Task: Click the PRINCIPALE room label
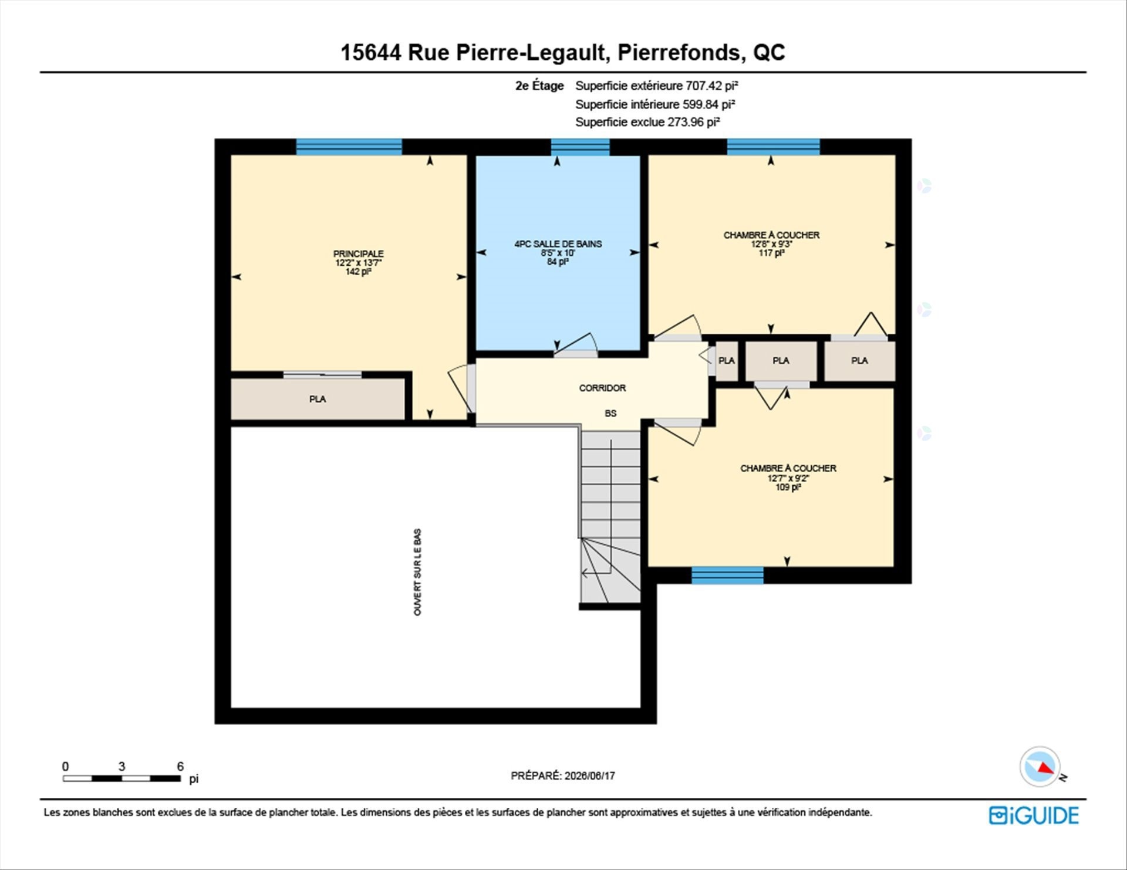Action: point(358,253)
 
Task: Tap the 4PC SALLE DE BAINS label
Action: point(558,243)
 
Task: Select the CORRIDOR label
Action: point(602,388)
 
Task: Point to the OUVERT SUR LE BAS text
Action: point(417,572)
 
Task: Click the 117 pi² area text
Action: point(771,253)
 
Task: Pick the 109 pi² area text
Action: point(788,487)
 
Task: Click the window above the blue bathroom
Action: point(580,147)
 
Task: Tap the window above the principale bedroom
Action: point(349,147)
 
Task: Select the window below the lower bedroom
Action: point(727,576)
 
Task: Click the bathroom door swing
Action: point(576,345)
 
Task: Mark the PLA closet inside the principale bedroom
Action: point(318,399)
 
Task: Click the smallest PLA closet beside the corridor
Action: point(727,361)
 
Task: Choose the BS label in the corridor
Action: point(610,413)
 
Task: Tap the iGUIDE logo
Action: point(1034,815)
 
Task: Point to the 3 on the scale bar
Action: point(122,766)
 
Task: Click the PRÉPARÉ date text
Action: point(563,776)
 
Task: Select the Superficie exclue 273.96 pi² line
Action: point(647,122)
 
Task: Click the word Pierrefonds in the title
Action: point(679,53)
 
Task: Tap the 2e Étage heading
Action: point(539,86)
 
